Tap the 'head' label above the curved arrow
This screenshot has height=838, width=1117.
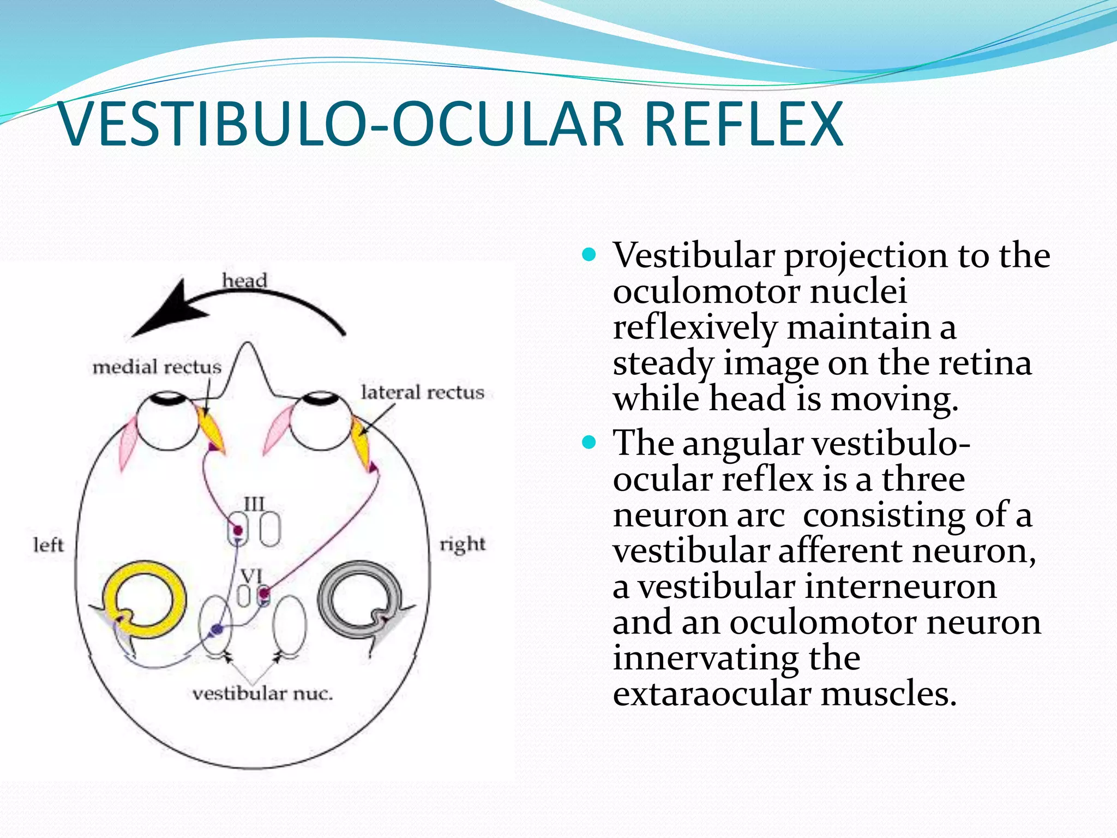(244, 280)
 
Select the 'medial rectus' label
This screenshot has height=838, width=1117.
(157, 367)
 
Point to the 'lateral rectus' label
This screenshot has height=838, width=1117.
(422, 392)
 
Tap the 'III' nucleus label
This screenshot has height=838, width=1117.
(254, 504)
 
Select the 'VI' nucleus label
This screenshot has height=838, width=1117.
(251, 576)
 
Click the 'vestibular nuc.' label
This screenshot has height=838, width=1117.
(262, 694)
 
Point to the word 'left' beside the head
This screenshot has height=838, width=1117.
(48, 544)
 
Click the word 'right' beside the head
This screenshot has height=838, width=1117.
(463, 544)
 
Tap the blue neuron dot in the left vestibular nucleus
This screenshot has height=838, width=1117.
(217, 629)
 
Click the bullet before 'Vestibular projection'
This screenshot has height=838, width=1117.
(589, 254)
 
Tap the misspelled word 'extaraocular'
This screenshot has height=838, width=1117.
(712, 694)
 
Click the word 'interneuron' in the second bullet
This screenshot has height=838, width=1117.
(900, 587)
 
